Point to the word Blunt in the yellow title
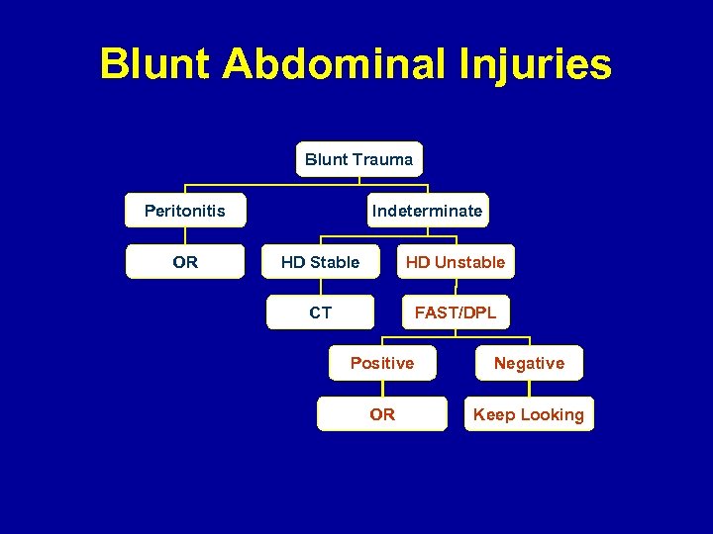point(156,65)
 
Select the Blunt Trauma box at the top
point(358,159)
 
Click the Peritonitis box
point(185,211)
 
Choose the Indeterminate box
point(427,211)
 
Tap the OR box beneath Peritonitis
point(185,262)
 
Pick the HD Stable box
point(320,262)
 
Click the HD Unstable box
point(455,262)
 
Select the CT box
point(320,312)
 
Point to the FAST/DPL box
point(455,312)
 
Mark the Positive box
point(382,363)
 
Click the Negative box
point(529,363)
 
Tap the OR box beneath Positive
point(382,414)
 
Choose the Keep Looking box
point(529,414)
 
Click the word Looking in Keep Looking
point(552,414)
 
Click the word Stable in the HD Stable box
point(335,262)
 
